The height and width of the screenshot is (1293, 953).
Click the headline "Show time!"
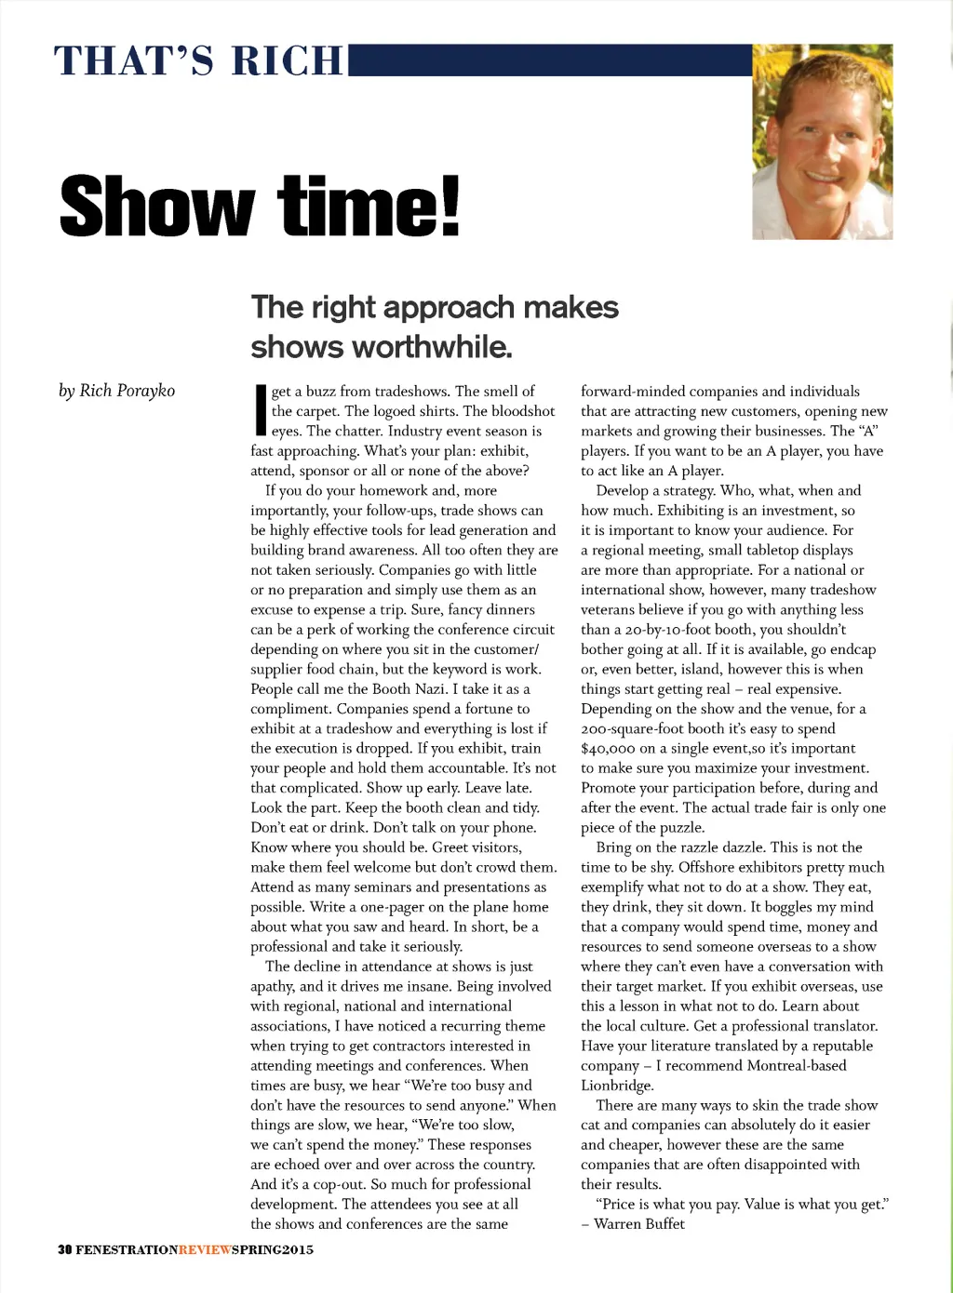(x=260, y=207)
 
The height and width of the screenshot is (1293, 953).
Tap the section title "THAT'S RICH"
(x=199, y=61)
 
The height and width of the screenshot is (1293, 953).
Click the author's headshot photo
(x=822, y=141)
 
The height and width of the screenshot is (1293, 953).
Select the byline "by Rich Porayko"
(x=117, y=391)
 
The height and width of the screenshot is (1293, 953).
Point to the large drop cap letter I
(x=260, y=411)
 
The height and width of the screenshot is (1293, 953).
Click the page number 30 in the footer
(x=65, y=1249)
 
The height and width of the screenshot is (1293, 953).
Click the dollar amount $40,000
(x=611, y=749)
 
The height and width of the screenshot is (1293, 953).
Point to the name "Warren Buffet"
(x=639, y=1224)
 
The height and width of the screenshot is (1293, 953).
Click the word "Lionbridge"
(x=617, y=1086)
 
